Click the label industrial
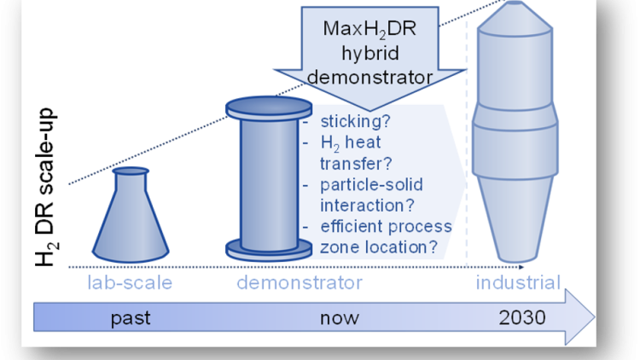(518, 282)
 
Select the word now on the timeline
(339, 318)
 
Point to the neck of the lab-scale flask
(131, 179)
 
